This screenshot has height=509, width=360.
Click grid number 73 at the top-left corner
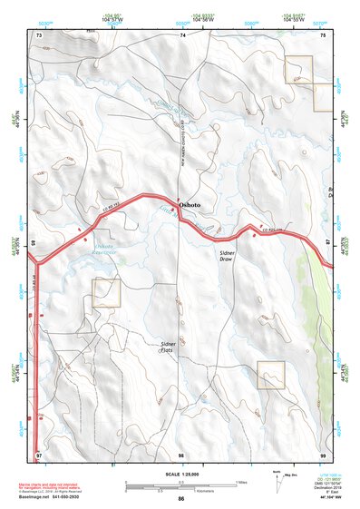pos(39,34)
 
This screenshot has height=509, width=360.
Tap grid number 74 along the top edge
pos(181,34)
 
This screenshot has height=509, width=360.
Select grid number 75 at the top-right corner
pos(323,34)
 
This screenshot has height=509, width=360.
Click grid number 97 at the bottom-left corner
pos(39,453)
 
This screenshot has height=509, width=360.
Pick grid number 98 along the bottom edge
pos(181,453)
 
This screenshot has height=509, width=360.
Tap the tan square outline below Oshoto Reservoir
pos(106,293)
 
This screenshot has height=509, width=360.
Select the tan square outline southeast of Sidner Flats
pos(271,374)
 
